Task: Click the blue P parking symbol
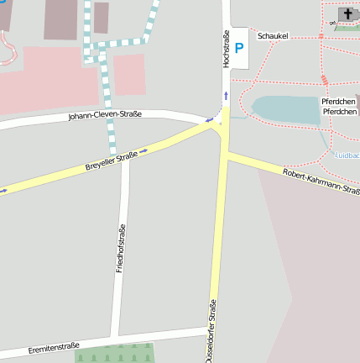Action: click(238, 48)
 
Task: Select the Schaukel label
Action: click(274, 37)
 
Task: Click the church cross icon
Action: click(347, 13)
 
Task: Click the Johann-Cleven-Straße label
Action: click(105, 115)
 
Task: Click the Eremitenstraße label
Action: click(54, 345)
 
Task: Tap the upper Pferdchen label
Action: click(340, 101)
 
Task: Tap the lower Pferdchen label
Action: click(340, 112)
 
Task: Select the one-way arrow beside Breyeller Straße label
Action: click(143, 150)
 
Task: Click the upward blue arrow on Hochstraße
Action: click(225, 94)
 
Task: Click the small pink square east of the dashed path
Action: click(129, 74)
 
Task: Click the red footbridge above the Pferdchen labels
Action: click(324, 81)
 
